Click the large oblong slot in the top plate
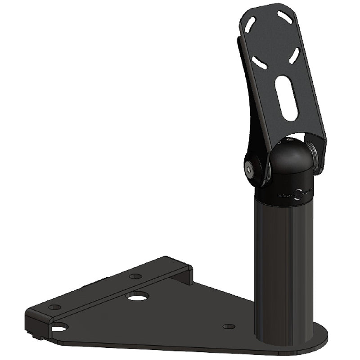[x=287, y=98]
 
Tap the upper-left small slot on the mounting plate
[x=251, y=24]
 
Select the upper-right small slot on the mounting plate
[x=284, y=17]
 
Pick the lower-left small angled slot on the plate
[x=258, y=61]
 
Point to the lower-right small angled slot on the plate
[x=295, y=55]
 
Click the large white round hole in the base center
[x=137, y=297]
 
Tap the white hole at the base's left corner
[x=58, y=327]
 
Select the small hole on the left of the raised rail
[x=54, y=307]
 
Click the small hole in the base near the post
[x=229, y=326]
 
